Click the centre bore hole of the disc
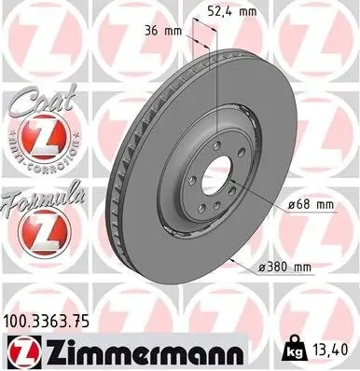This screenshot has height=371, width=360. [x=217, y=174]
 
